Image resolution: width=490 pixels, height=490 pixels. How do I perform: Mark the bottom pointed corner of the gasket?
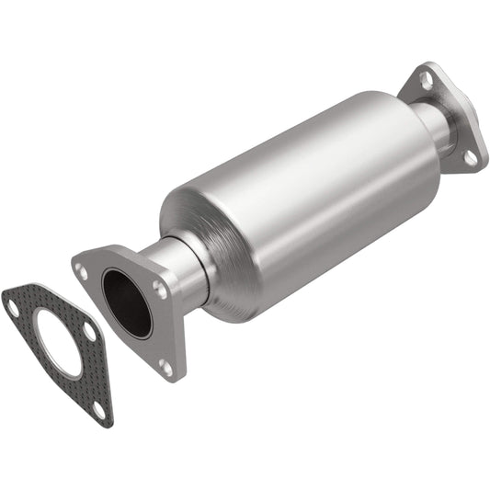click(x=108, y=422)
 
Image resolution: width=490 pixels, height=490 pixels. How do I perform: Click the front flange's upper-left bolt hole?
click(x=84, y=271)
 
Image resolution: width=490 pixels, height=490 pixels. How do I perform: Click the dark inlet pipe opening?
click(x=127, y=302)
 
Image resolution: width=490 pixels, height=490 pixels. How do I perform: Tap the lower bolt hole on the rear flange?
click(x=470, y=157)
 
